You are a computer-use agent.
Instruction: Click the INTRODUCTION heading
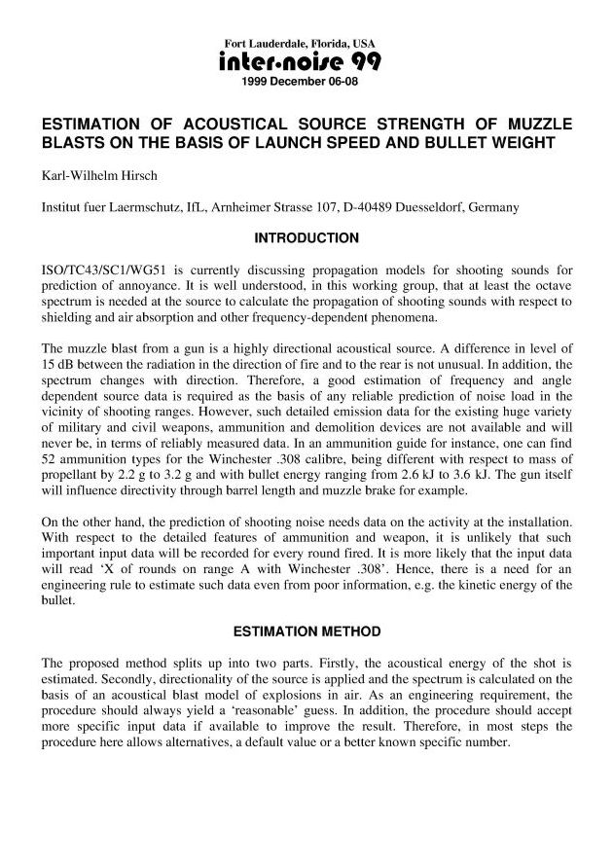coord(306,238)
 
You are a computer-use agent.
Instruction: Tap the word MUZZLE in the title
coord(535,125)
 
